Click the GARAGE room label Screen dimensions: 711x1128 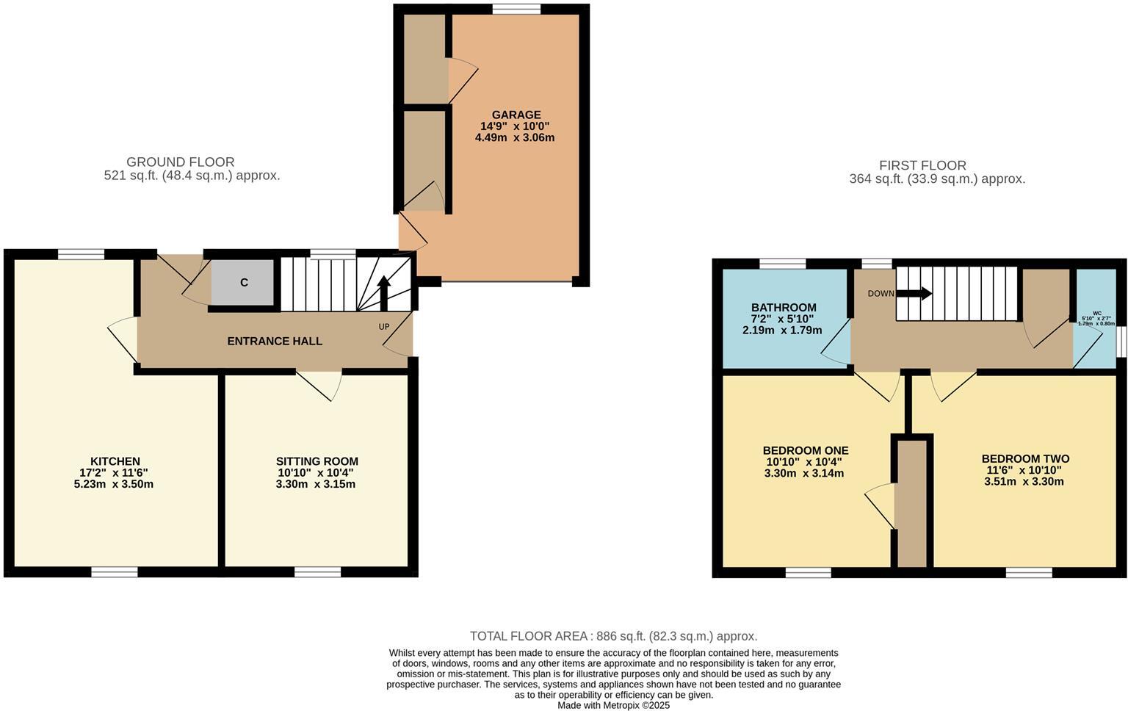pyautogui.click(x=516, y=115)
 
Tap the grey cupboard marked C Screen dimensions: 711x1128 pyautogui.click(x=243, y=283)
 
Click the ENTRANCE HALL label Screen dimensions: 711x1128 pyautogui.click(x=275, y=341)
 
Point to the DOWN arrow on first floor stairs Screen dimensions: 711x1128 pyautogui.click(x=914, y=294)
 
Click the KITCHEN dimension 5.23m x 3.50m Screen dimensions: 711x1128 pyautogui.click(x=113, y=484)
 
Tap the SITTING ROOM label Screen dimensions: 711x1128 pyautogui.click(x=317, y=461)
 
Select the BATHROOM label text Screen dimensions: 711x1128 pyautogui.click(x=783, y=307)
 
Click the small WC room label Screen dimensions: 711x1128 pyautogui.click(x=1096, y=313)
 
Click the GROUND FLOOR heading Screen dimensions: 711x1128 pyautogui.click(x=180, y=162)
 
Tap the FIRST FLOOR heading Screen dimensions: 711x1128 pyautogui.click(x=922, y=165)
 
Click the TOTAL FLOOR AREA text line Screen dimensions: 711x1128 pyautogui.click(x=613, y=636)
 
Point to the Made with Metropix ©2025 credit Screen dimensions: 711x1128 pyautogui.click(x=613, y=705)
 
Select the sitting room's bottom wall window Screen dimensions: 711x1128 pyautogui.click(x=317, y=572)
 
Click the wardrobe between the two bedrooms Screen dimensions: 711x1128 pyautogui.click(x=912, y=503)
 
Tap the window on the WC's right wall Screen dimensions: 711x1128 pyautogui.click(x=1121, y=342)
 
